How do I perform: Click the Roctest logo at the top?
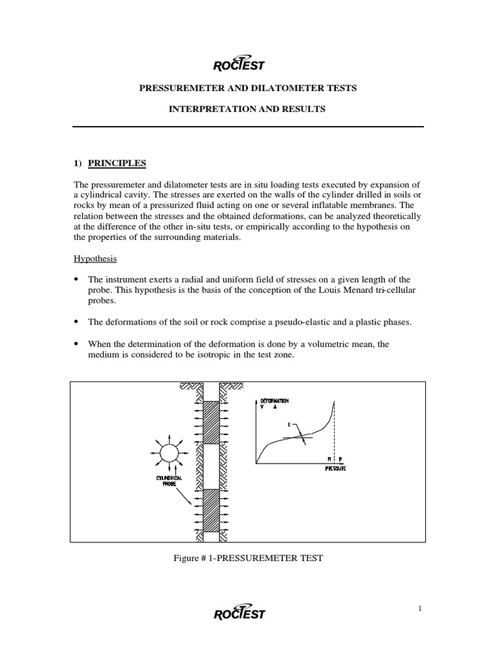tap(238, 62)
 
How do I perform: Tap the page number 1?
tap(419, 607)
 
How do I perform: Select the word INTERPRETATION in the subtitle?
tap(204, 110)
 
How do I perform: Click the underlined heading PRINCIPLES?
tap(121, 163)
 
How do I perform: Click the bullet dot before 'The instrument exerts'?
tap(76, 279)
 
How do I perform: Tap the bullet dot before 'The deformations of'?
tap(76, 322)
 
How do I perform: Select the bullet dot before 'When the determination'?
tap(76, 345)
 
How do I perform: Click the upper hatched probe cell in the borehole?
tap(211, 422)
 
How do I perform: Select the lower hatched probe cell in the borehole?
tap(211, 509)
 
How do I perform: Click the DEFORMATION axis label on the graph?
tap(276, 401)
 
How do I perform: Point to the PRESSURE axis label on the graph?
tap(335, 467)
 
